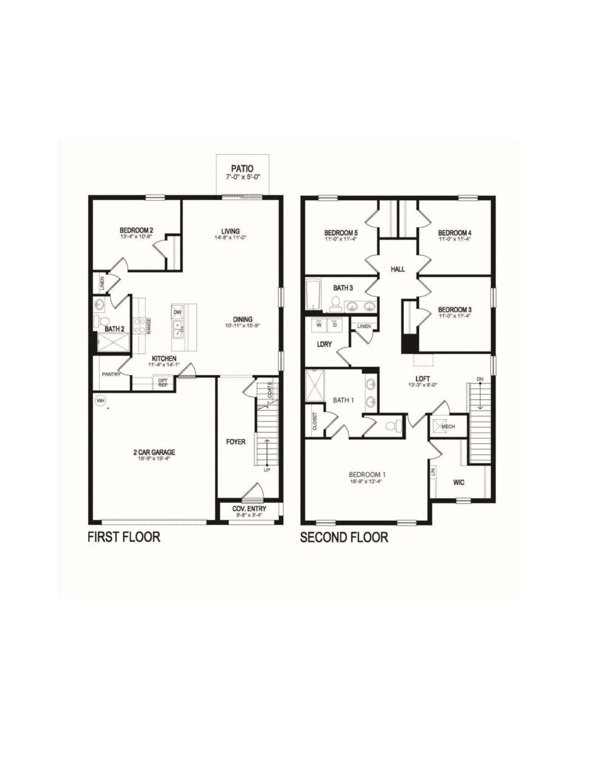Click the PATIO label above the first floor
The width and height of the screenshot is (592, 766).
click(242, 169)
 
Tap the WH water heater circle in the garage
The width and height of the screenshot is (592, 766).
click(100, 401)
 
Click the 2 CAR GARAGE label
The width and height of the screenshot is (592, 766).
click(154, 452)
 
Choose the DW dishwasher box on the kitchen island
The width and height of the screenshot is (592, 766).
click(177, 312)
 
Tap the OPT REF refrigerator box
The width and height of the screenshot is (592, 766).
click(163, 383)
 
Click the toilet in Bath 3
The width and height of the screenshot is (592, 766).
click(336, 303)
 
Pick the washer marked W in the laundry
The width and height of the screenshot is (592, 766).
click(318, 324)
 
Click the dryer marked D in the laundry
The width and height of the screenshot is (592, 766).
click(335, 324)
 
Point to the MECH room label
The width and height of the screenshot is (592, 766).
click(448, 426)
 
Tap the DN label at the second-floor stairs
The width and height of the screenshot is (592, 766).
click(480, 379)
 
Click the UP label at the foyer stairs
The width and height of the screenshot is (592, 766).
click(267, 470)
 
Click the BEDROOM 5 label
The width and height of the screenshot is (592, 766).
click(341, 232)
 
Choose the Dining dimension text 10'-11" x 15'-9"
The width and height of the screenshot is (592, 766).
click(243, 326)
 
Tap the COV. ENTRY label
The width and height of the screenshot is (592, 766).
click(249, 509)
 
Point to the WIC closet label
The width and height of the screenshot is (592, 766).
click(459, 482)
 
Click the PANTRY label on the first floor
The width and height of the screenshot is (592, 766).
click(111, 374)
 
